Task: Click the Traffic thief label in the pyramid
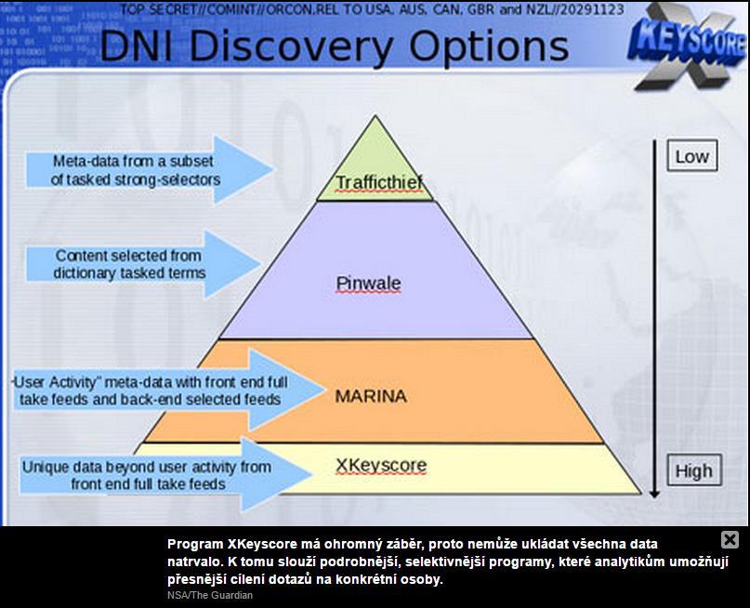(x=379, y=182)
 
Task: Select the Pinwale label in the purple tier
(x=368, y=284)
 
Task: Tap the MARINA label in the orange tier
(x=371, y=396)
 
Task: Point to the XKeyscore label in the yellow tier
(x=381, y=466)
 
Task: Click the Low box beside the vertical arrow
(x=692, y=155)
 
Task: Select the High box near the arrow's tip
(x=693, y=470)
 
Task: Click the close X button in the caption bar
(x=730, y=539)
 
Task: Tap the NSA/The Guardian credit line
(x=210, y=595)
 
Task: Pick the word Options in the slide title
(x=488, y=47)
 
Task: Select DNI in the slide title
(x=137, y=46)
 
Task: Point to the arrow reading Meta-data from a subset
(x=150, y=170)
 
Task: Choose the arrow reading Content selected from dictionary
(x=143, y=265)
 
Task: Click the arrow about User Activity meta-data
(x=167, y=390)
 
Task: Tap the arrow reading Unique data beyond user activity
(x=165, y=474)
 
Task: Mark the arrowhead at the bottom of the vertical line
(x=654, y=494)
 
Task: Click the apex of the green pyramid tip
(x=375, y=115)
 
